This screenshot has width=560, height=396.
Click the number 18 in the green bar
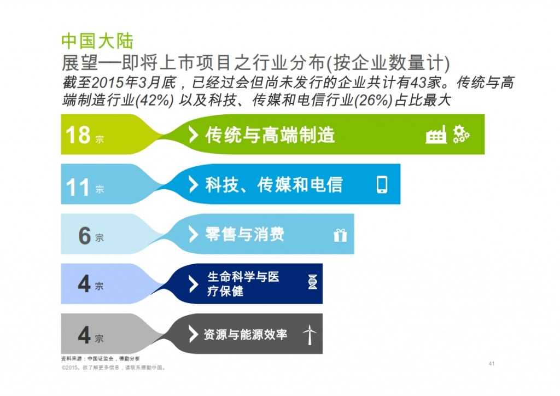78,135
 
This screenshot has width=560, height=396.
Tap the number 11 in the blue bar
78,187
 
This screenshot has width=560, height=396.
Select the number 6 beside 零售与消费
84,236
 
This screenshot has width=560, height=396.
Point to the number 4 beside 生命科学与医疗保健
84,284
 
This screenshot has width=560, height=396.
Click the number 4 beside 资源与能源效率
84,335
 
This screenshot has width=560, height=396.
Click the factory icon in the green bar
436,134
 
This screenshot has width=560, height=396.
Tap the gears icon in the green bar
461,135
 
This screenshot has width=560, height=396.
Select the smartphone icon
382,185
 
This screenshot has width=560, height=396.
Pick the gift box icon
340,235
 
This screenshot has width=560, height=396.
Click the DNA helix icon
312,283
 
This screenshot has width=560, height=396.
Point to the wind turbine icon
310,334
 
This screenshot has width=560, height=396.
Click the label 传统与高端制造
270,135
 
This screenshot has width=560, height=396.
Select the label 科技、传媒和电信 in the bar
273,185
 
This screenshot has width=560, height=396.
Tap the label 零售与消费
244,235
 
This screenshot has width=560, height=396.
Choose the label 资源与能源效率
245,334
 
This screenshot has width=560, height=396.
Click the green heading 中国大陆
97,41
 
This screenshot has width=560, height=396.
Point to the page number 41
491,364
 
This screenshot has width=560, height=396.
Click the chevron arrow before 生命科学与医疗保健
193,284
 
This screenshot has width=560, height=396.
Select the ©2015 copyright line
113,368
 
